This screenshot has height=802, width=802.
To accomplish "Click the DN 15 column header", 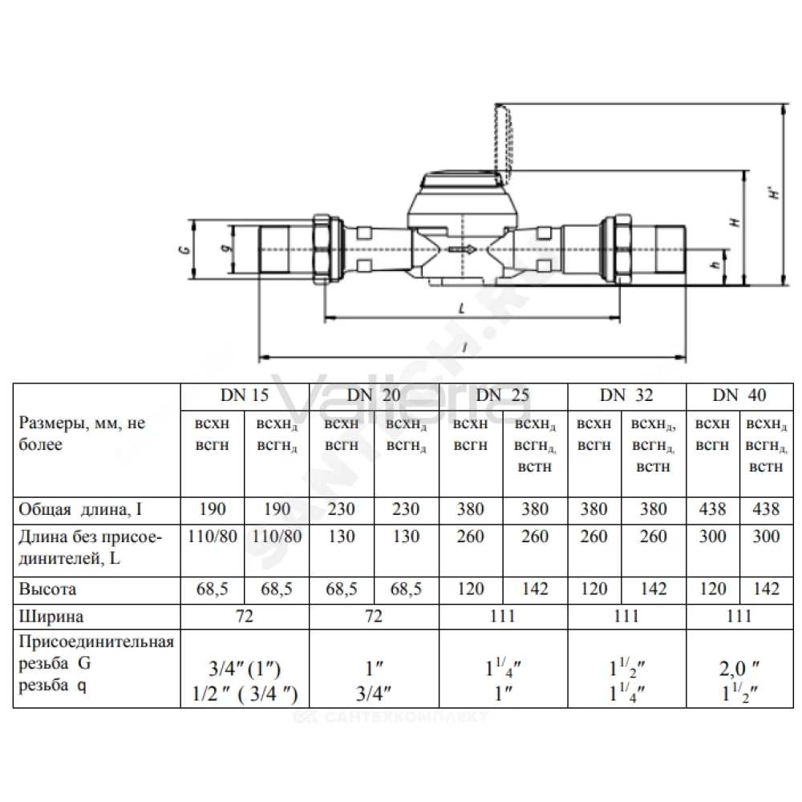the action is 245,395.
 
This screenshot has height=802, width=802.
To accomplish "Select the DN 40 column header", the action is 739,395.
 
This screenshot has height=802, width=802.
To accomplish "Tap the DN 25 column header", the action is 502,395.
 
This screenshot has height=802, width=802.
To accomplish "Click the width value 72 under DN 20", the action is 374,616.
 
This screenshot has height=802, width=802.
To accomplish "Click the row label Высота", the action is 47,589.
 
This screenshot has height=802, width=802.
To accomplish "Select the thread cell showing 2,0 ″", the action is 739,669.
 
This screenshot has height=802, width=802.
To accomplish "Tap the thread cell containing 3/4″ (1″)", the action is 245,669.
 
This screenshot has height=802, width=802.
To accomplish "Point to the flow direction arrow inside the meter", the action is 463,249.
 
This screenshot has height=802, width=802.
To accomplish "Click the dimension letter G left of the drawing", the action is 185,249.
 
